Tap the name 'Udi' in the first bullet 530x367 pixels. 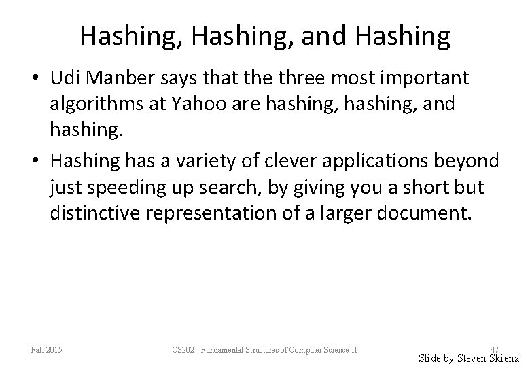tap(65, 78)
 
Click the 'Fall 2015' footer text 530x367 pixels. tap(47, 350)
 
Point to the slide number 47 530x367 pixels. tap(494, 349)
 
